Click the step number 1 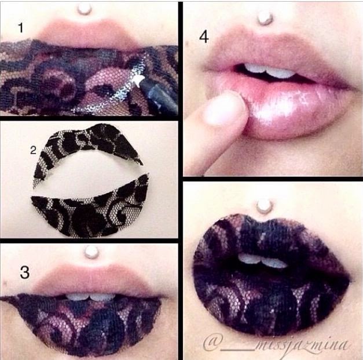(21, 28)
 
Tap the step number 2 (34, 151)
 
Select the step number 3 (25, 272)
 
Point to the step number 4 (204, 37)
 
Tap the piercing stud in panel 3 (91, 252)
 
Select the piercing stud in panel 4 (265, 18)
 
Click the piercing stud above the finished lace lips (263, 207)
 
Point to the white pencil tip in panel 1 (139, 80)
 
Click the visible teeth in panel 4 (270, 71)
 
